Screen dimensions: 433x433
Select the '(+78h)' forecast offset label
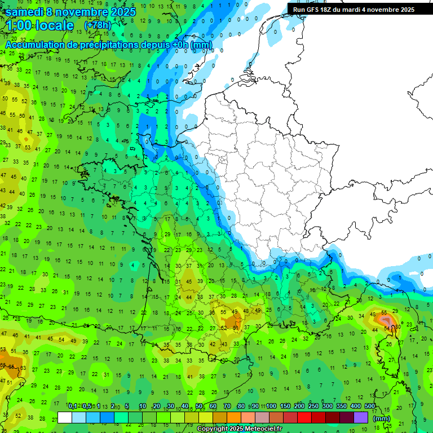98,25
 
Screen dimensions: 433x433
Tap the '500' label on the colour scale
370,406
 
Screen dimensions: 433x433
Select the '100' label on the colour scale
271,406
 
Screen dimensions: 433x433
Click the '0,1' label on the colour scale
73,406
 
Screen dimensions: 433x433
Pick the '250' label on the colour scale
313,406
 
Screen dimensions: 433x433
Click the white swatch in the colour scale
65,417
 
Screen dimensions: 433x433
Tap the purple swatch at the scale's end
361,417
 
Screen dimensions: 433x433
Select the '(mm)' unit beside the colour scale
382,418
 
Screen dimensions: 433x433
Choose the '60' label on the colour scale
213,406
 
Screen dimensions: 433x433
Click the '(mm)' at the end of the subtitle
201,45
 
